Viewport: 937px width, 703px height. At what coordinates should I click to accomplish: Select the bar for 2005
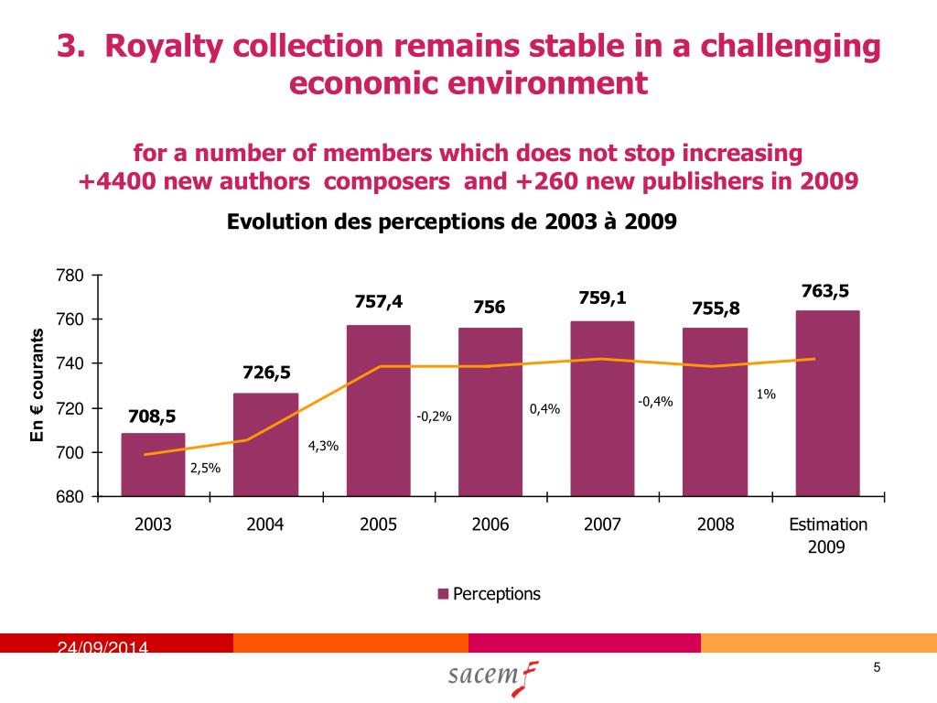[378, 411]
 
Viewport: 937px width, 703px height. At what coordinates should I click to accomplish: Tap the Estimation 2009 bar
[827, 404]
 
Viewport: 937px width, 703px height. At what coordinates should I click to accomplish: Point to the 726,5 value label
[266, 373]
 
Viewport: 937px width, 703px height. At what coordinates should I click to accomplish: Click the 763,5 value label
[825, 291]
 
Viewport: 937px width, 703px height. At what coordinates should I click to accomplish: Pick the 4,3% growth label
[324, 446]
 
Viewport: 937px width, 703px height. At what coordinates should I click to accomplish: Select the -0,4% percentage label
[655, 401]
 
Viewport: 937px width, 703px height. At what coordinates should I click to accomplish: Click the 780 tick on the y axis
[71, 276]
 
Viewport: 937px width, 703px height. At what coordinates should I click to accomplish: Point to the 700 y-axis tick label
[71, 453]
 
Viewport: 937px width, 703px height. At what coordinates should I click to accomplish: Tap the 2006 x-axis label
[490, 525]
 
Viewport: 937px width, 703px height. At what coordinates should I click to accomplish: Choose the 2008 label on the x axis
[715, 525]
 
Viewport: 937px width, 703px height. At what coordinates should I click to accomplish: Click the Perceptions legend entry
[490, 594]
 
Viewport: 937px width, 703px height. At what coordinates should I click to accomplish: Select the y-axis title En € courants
[38, 384]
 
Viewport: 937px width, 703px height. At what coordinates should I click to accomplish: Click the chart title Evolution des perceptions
[451, 222]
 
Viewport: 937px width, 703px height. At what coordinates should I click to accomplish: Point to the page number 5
[877, 667]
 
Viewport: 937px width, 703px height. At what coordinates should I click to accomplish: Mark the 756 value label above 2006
[489, 308]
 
